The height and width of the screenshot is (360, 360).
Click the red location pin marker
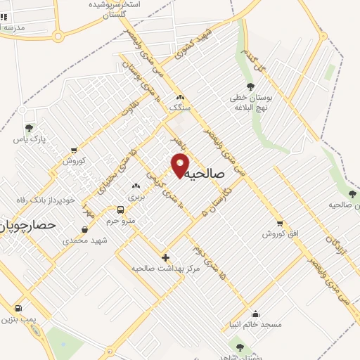[181, 165]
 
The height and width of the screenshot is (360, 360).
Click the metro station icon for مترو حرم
[121, 210]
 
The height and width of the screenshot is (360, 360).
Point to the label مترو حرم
[120, 221]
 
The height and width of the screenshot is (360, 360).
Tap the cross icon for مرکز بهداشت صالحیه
[165, 257]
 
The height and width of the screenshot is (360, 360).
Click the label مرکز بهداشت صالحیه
[167, 268]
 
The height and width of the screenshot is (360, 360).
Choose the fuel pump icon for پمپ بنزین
[18, 308]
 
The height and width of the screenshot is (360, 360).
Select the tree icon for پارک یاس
[28, 128]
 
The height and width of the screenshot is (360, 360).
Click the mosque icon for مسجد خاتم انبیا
[255, 314]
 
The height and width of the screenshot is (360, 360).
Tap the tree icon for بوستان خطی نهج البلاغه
[250, 86]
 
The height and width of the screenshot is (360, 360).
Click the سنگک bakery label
[180, 108]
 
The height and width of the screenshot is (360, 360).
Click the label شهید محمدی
[84, 240]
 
